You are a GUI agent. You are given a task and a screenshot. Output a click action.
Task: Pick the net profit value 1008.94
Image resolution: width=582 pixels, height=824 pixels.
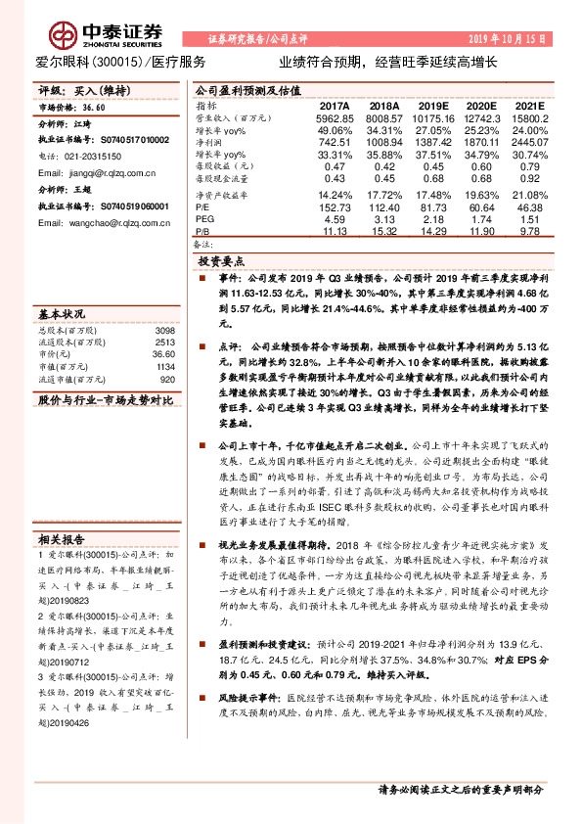[384, 141]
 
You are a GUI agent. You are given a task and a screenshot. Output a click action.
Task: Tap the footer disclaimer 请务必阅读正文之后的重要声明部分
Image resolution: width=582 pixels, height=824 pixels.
[462, 789]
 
